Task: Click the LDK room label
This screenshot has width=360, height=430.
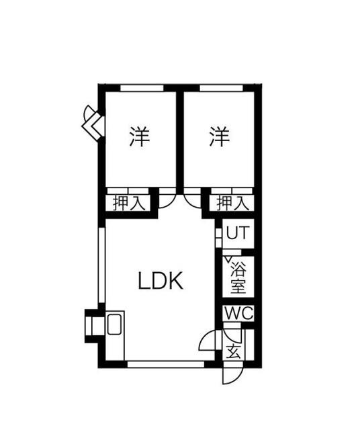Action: [x=161, y=281]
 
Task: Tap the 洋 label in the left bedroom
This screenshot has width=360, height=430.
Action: [x=140, y=136]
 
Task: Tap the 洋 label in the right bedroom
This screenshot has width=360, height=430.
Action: [x=220, y=136]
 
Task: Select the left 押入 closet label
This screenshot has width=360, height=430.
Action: [x=129, y=203]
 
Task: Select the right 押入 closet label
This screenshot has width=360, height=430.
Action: [x=233, y=203]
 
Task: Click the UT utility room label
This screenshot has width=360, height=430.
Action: [x=238, y=232]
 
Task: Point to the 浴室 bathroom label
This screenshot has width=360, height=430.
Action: [x=238, y=277]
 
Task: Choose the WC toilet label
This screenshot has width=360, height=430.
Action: [x=238, y=313]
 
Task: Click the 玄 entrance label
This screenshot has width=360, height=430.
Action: [x=233, y=351]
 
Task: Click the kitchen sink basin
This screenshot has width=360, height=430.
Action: [x=114, y=324]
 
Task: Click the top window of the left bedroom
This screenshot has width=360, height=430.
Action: [x=142, y=88]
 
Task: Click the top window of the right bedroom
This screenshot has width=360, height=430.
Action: [x=221, y=88]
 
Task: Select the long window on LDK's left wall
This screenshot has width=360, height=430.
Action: [x=101, y=265]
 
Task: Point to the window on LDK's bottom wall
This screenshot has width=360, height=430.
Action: [x=166, y=364]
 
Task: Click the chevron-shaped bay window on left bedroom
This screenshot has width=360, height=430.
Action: [x=93, y=123]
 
